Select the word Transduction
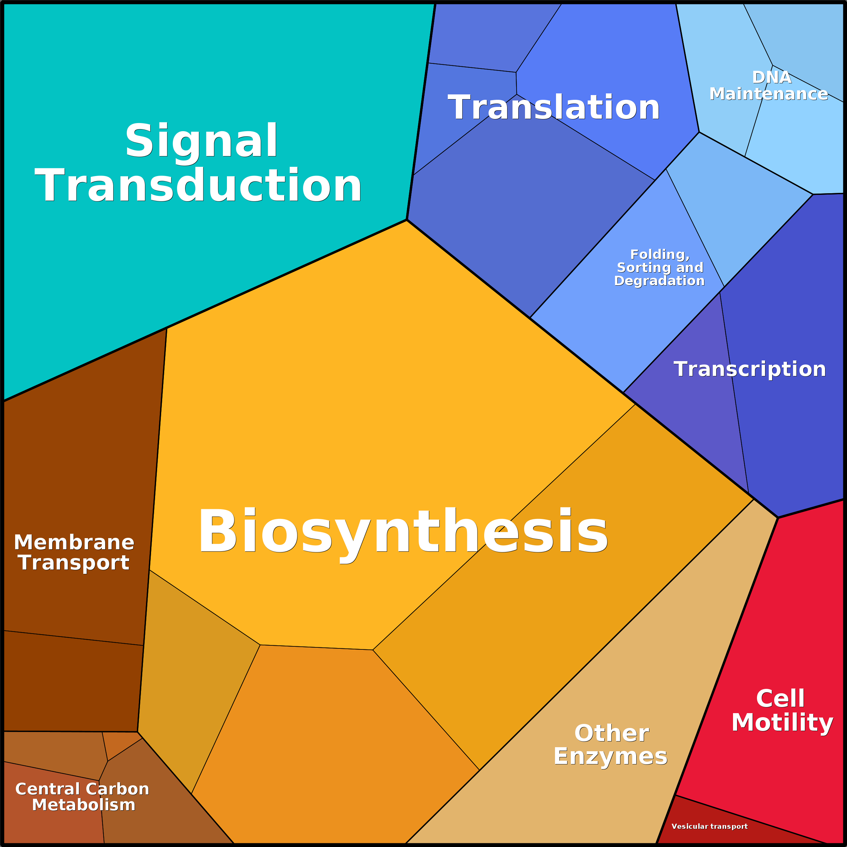pos(198,185)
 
